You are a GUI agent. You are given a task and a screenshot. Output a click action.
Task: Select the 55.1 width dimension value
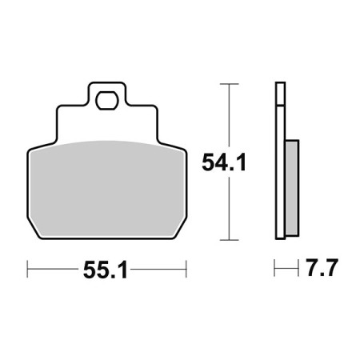tap(106, 270)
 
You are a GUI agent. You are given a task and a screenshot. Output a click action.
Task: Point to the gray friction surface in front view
tap(106, 188)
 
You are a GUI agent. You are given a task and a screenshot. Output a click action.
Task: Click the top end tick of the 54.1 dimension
tap(230, 82)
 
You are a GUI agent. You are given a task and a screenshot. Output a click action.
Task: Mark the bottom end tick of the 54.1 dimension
tap(230, 239)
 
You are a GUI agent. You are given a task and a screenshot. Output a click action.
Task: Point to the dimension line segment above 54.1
tap(230, 116)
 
